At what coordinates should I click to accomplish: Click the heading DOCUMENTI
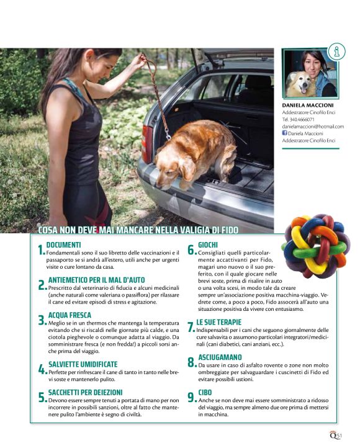[63, 245]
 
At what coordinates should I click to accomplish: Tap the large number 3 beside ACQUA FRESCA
[42, 321]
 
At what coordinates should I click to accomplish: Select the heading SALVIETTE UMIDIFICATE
[83, 364]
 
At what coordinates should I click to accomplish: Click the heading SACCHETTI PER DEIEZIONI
[85, 392]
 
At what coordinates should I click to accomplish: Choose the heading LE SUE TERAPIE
[218, 322]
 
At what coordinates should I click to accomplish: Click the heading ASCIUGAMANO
[220, 357]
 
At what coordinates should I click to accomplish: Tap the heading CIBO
[205, 392]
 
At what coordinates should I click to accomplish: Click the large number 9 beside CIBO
[192, 398]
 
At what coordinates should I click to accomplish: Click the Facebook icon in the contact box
[284, 133]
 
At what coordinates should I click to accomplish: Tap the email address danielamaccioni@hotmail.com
[313, 127]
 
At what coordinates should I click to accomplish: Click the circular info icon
[336, 52]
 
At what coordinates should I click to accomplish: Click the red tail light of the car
[147, 144]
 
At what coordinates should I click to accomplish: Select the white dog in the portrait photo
[299, 84]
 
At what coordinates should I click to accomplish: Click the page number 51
[339, 436]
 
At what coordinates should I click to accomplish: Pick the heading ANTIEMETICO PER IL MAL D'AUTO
[97, 280]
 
